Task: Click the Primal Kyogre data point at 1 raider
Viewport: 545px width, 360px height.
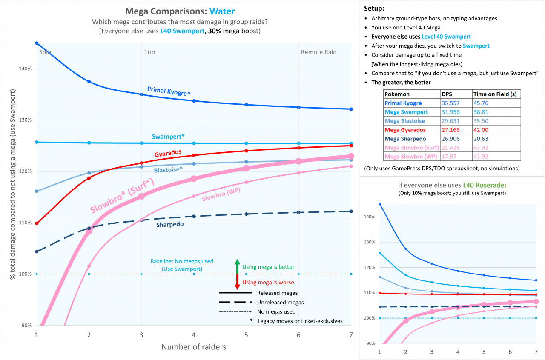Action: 37,43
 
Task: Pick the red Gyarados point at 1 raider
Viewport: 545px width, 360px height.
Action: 37,223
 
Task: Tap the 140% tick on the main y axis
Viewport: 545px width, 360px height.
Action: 26,69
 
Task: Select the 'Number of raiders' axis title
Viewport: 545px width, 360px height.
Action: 194,347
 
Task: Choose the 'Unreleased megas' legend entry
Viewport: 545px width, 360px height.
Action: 280,303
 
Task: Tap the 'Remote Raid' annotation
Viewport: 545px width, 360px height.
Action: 318,52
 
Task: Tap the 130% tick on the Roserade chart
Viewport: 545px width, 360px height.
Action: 369,242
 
